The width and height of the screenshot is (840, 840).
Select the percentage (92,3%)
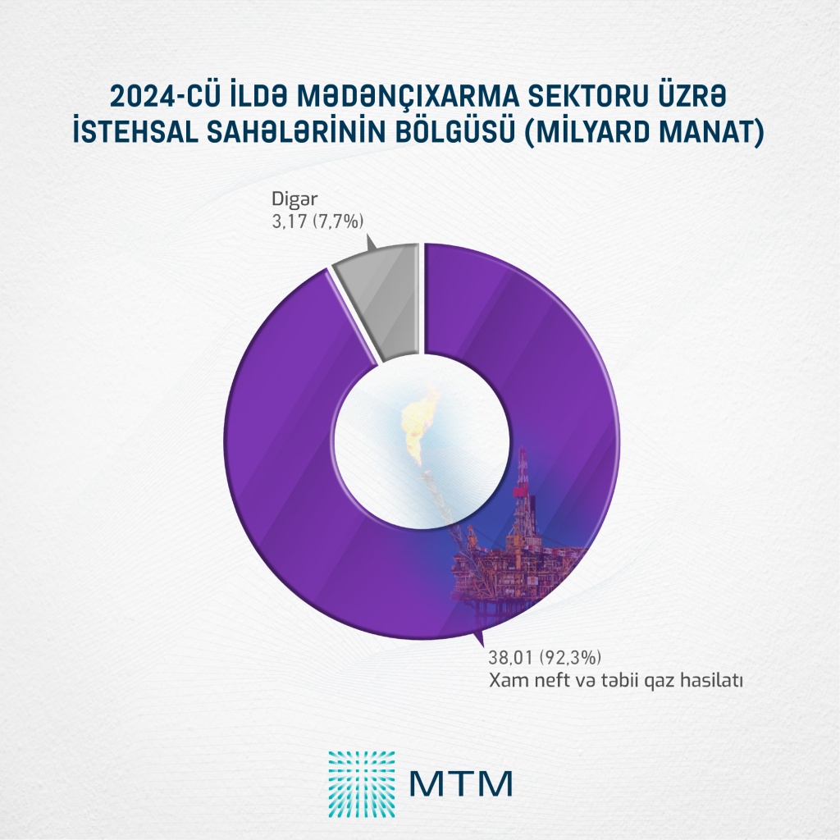click(x=568, y=657)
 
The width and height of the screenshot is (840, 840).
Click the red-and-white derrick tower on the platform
click(x=523, y=492)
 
